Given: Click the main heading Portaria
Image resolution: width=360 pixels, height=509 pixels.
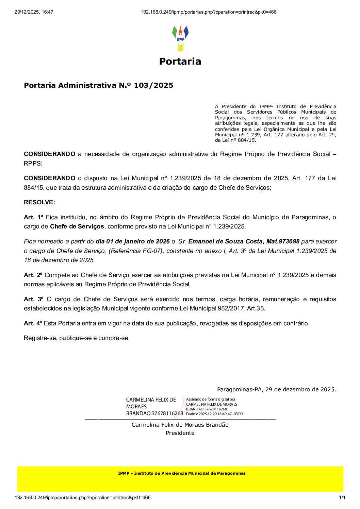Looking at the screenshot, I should (x=180, y=62).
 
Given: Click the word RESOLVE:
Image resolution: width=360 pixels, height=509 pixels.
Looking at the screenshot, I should (x=39, y=202).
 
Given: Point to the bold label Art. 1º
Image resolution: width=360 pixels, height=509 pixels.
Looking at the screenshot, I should (x=33, y=217).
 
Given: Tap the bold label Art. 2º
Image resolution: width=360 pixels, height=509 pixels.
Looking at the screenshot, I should (x=33, y=275).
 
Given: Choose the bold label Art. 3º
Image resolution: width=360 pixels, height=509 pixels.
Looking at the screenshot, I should (x=33, y=299).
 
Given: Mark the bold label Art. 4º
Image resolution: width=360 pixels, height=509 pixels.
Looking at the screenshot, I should (x=33, y=323).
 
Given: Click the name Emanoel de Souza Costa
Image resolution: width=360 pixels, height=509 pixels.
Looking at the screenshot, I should (x=225, y=241).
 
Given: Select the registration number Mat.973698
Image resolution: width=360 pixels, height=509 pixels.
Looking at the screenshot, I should (x=283, y=241).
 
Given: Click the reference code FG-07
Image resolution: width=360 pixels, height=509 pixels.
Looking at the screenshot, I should (x=150, y=251).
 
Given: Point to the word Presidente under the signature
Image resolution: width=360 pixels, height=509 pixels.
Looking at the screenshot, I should (x=180, y=433).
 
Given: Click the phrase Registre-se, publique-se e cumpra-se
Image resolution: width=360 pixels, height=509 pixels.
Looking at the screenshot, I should (x=77, y=338).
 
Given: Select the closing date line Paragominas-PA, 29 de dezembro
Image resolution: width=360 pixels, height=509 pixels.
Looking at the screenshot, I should (x=276, y=390).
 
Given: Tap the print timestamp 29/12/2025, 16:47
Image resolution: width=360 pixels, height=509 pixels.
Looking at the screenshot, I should (x=34, y=12).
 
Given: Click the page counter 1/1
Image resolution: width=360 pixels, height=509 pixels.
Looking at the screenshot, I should (x=342, y=498).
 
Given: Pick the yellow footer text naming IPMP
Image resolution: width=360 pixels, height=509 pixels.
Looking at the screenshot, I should (x=182, y=473).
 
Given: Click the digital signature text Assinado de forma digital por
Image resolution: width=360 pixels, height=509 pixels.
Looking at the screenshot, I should (x=211, y=400).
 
